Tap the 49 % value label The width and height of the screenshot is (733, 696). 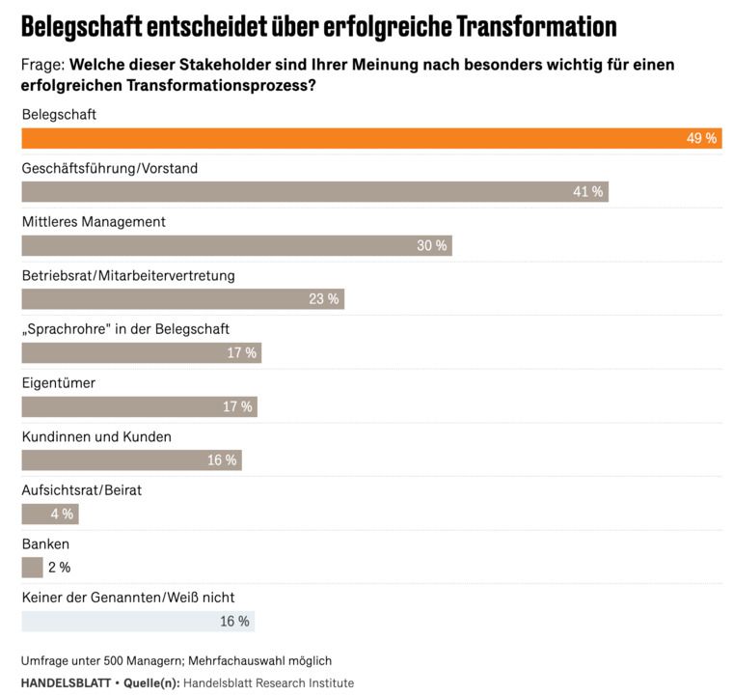(701, 138)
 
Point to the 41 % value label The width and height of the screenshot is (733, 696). (587, 192)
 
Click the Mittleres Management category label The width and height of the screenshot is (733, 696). (94, 222)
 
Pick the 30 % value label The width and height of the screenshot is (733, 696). (431, 246)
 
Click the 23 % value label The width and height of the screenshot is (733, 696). (324, 299)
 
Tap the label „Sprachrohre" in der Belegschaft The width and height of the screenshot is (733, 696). (125, 329)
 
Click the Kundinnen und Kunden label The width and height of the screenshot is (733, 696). (96, 436)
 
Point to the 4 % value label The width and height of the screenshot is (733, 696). (62, 514)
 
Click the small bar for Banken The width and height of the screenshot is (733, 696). (32, 568)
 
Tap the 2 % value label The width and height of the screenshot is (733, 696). (59, 568)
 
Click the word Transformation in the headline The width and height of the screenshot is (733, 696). (536, 26)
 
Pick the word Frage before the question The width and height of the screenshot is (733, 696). (41, 66)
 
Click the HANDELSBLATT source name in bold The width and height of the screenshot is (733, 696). (65, 683)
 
